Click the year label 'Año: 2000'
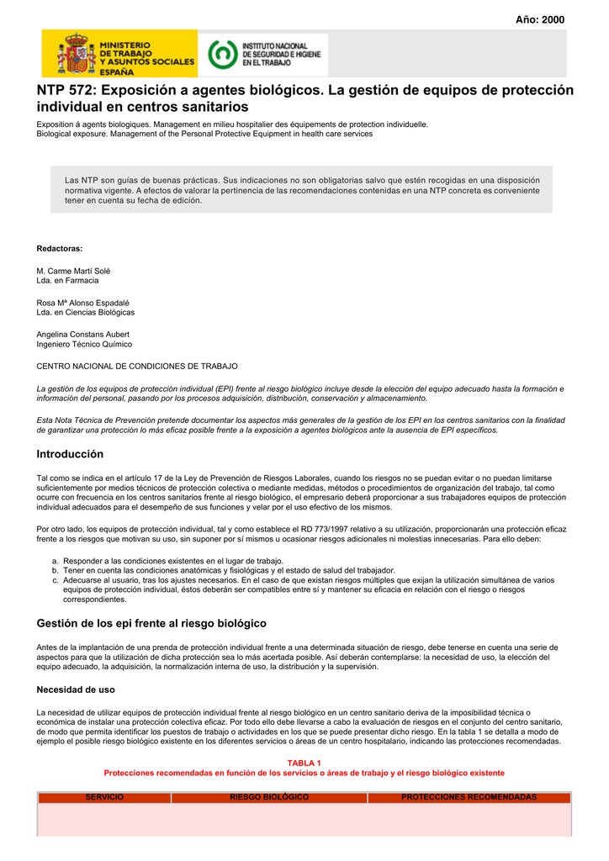[x=540, y=19]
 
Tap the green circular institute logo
[x=221, y=55]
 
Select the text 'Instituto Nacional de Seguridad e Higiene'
[x=275, y=54]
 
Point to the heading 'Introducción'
[x=70, y=454]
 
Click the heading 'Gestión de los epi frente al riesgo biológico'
[x=151, y=623]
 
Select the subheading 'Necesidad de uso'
[x=76, y=689]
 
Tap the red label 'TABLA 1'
[x=304, y=763]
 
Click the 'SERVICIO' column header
[x=104, y=797]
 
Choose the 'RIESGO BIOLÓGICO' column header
[x=269, y=797]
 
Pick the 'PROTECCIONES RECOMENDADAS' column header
[x=469, y=797]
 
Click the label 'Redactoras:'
[x=60, y=248]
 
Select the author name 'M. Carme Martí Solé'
[x=73, y=271]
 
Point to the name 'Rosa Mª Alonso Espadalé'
[x=82, y=303]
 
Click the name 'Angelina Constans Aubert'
[x=83, y=335]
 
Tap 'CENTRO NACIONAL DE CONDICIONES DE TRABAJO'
[x=137, y=367]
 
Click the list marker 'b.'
[x=55, y=570]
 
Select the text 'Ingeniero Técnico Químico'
[x=84, y=344]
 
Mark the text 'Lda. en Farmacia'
[x=67, y=280]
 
